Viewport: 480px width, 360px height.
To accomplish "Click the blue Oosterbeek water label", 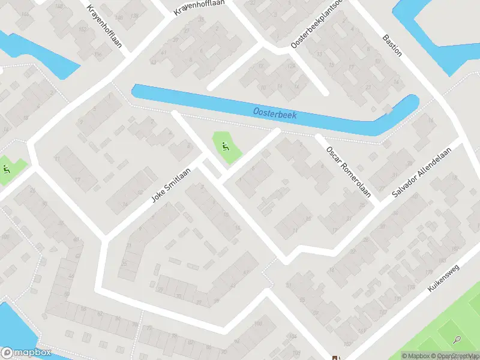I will point(275,112).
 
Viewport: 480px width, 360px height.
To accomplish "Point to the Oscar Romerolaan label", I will point(348,172).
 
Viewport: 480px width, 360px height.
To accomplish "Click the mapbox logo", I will point(26,353).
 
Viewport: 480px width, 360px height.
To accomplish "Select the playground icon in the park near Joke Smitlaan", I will point(225,146).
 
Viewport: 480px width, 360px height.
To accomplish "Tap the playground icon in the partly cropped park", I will point(6,169).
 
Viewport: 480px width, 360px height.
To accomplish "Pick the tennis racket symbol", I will point(458,340).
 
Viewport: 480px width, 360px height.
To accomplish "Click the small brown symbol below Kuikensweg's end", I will point(337,356).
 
